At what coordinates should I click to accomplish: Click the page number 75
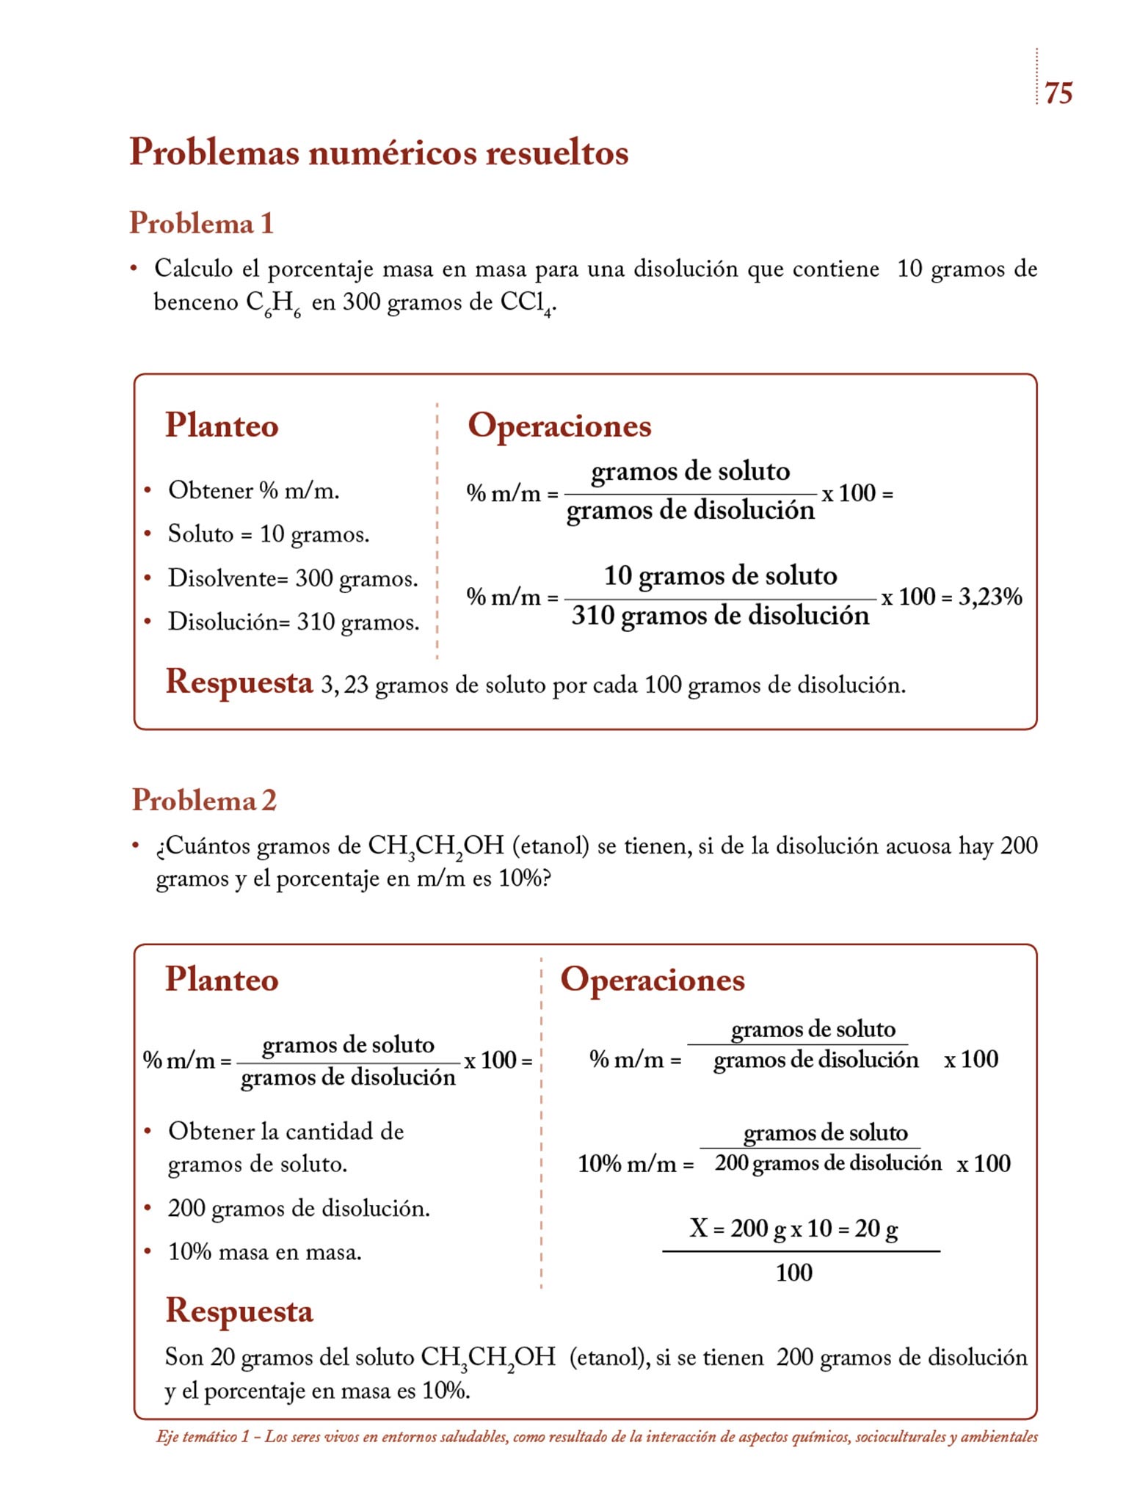click(1058, 93)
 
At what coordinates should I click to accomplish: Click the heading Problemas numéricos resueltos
click(379, 153)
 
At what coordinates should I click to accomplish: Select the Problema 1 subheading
click(201, 223)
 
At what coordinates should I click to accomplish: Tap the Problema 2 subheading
click(204, 800)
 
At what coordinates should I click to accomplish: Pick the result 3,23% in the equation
click(990, 597)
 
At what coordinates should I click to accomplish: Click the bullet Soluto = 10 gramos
click(268, 534)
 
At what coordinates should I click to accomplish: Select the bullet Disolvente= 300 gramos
click(293, 578)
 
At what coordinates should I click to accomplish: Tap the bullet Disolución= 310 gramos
click(294, 622)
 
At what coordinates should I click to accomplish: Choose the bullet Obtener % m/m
click(253, 490)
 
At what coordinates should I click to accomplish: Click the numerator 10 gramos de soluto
click(720, 575)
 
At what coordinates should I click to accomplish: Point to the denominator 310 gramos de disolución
click(720, 615)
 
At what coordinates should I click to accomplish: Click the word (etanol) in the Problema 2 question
click(551, 846)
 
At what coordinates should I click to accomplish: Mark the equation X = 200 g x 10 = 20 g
click(793, 1229)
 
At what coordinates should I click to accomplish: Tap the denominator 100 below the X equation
click(793, 1273)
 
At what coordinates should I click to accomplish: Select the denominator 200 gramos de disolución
click(828, 1163)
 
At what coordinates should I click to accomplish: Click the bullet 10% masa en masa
click(264, 1252)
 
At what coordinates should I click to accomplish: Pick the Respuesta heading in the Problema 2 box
click(239, 1311)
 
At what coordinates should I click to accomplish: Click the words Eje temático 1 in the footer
click(203, 1437)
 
